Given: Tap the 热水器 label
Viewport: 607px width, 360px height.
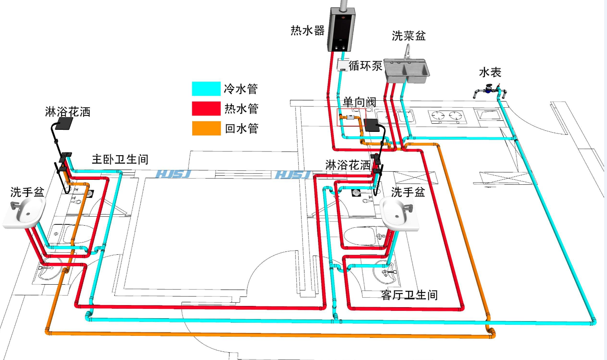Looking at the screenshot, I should (307, 30).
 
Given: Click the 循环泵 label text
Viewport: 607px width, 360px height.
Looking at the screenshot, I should (365, 66).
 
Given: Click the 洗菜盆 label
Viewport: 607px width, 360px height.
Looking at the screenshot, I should (409, 36).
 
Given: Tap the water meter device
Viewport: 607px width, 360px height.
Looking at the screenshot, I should (489, 89).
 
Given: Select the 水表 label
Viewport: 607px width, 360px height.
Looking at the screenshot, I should (490, 72).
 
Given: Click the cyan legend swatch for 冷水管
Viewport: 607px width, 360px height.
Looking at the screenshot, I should (206, 88).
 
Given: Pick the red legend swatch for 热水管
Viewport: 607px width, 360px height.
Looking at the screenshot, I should (206, 109).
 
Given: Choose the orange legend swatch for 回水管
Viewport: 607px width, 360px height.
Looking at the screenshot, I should (206, 128).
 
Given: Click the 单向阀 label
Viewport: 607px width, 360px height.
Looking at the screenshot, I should (359, 102).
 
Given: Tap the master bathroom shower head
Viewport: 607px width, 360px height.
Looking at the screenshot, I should (64, 123).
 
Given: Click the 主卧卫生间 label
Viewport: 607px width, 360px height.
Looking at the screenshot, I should (120, 159).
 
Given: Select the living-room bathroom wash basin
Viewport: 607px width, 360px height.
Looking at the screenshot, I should (399, 213).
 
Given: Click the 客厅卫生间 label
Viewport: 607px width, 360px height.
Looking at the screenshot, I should (409, 295).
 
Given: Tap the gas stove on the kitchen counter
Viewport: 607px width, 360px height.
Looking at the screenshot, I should (447, 116).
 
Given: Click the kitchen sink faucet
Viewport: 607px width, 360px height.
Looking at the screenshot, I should (407, 52).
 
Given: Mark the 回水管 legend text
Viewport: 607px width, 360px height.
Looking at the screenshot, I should (241, 129).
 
